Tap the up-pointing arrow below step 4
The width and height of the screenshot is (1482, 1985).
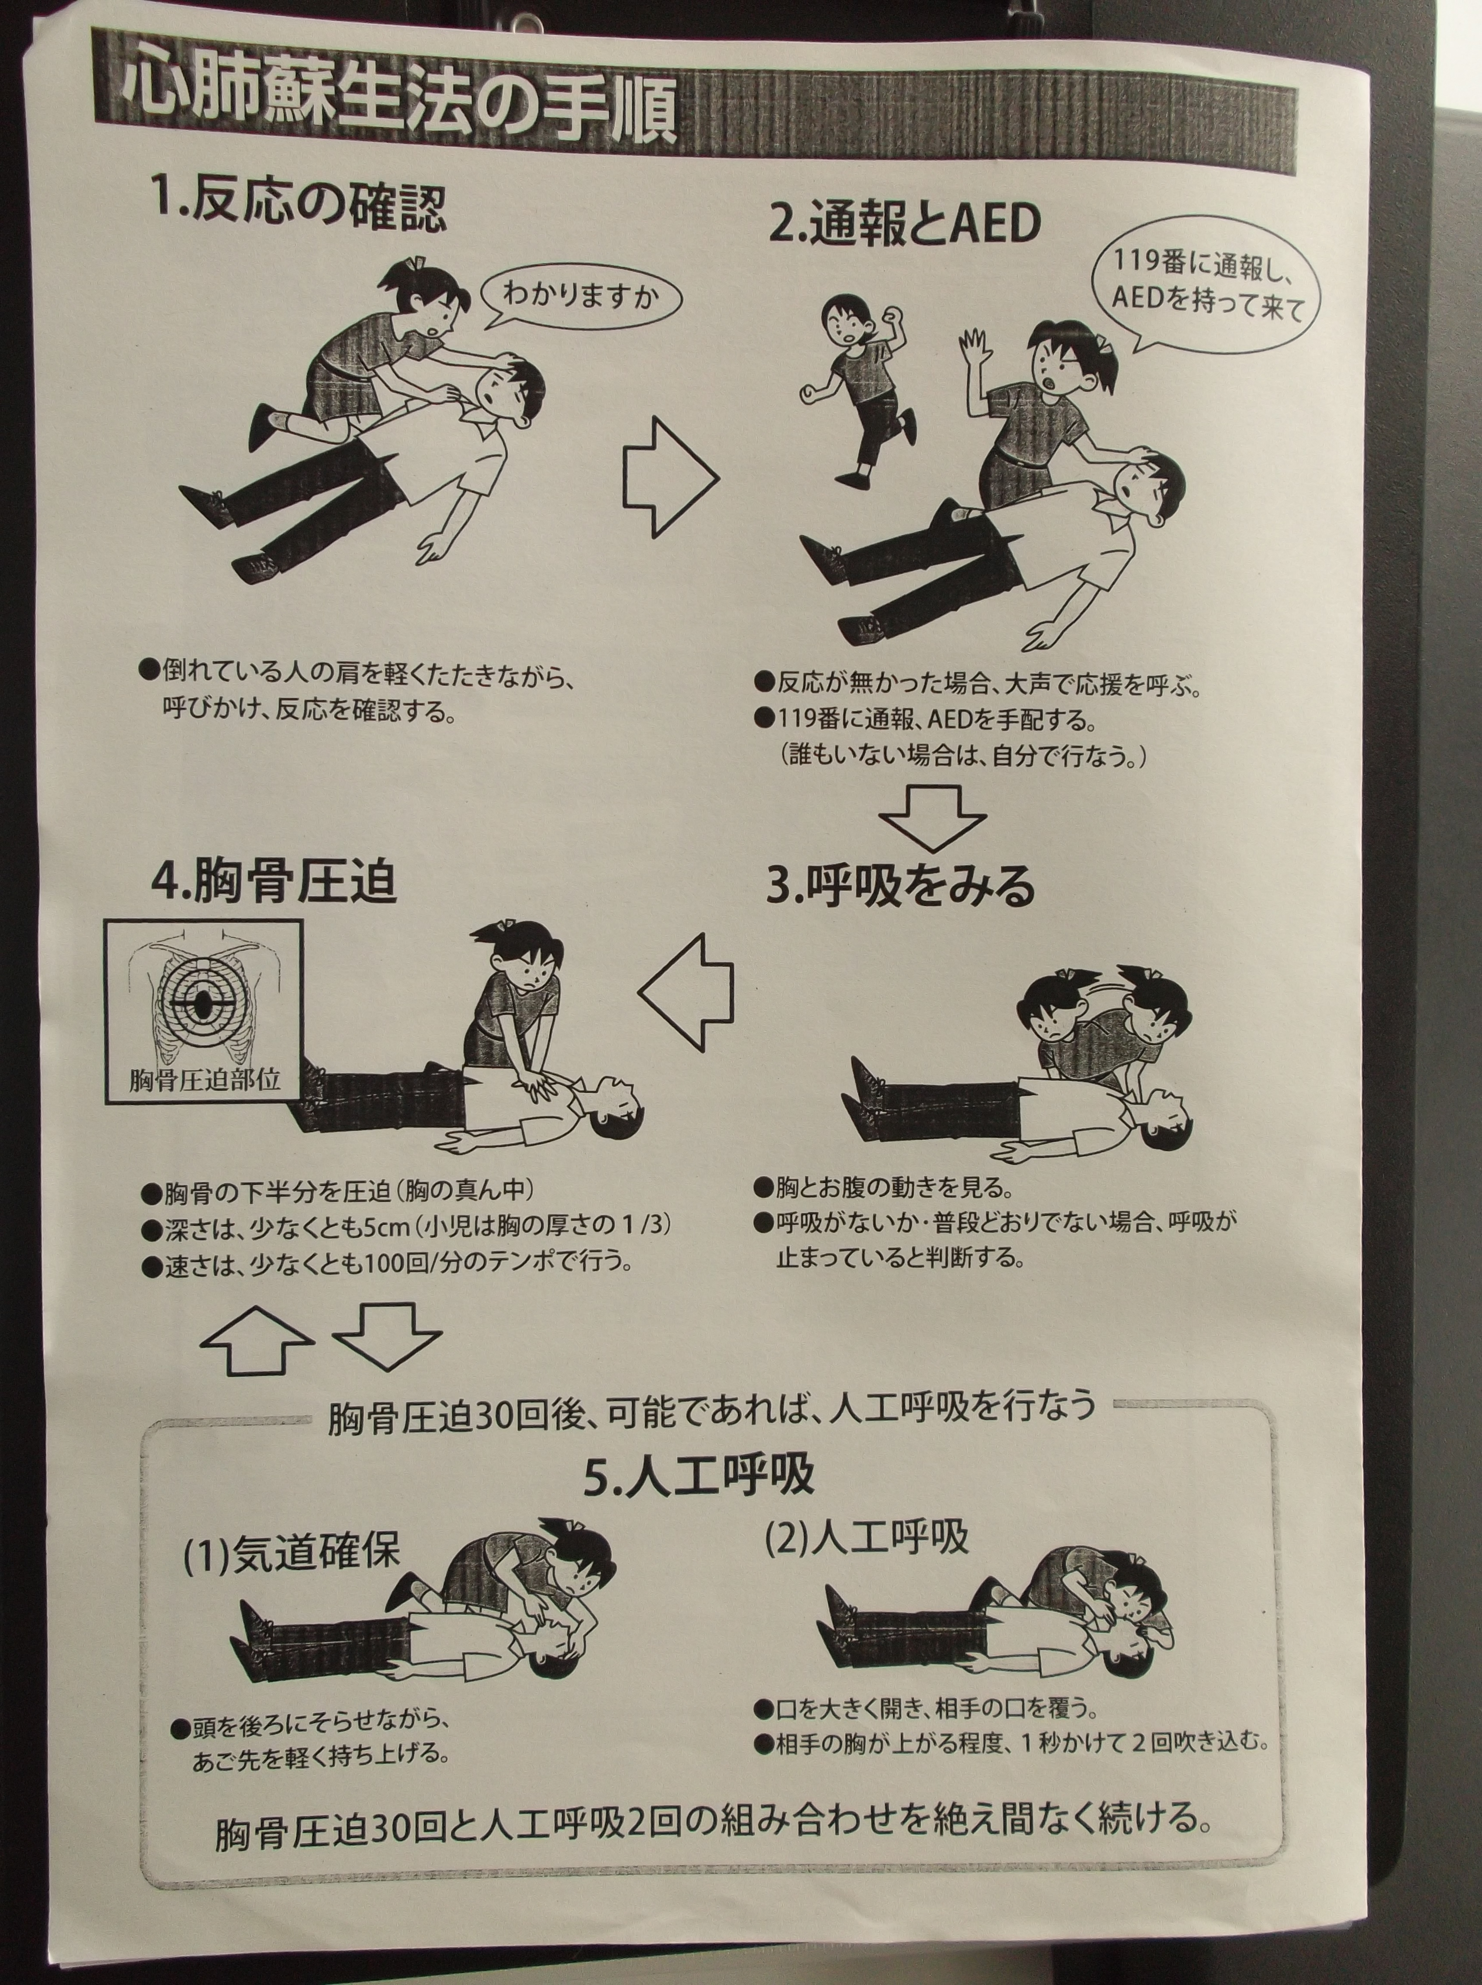click(258, 1338)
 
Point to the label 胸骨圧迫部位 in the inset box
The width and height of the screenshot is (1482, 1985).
click(205, 1079)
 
